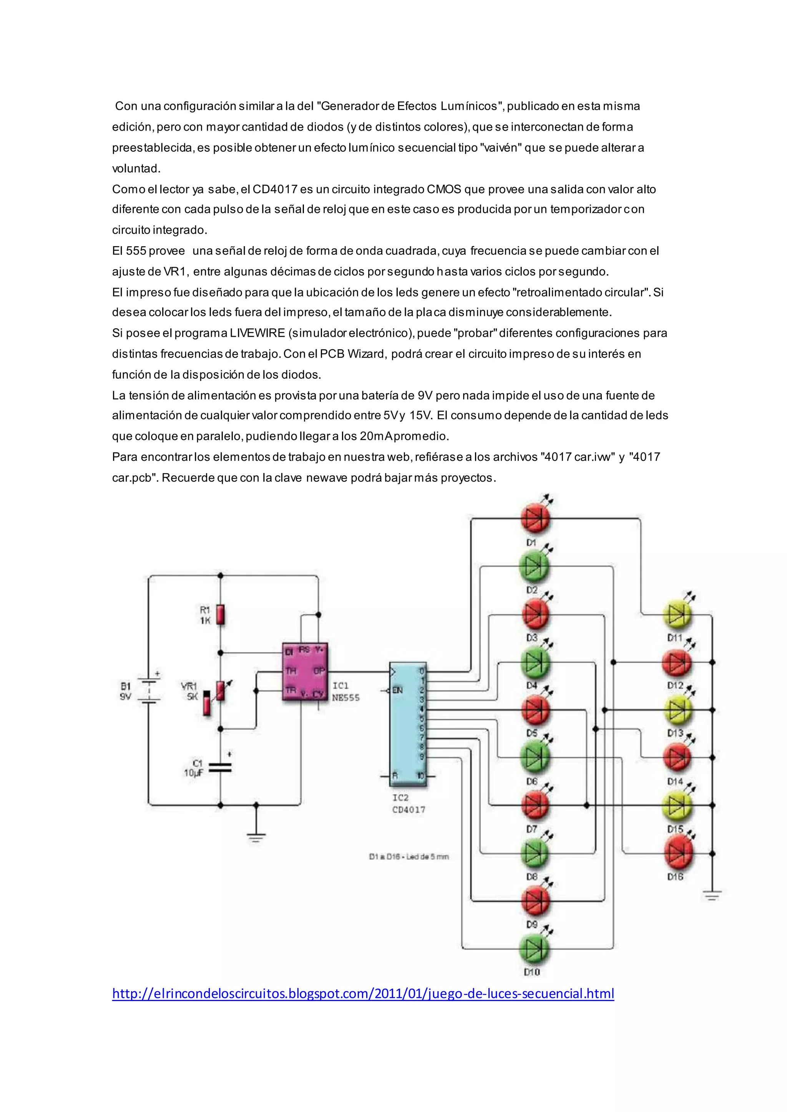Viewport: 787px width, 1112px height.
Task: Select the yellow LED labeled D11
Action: [677, 615]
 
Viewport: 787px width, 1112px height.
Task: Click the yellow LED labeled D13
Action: [677, 710]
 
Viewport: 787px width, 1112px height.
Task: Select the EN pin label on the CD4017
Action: [397, 690]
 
